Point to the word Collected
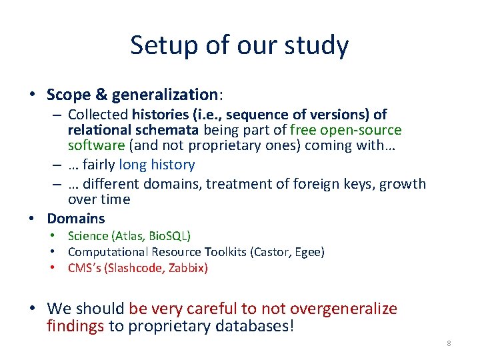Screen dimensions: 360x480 click(98, 115)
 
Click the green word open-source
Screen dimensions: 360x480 click(361, 129)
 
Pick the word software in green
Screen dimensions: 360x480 click(96, 145)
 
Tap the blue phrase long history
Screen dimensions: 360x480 click(157, 165)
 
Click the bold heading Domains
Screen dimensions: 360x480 click(76, 219)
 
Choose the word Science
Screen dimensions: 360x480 click(88, 236)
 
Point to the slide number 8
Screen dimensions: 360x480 click(449, 344)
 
